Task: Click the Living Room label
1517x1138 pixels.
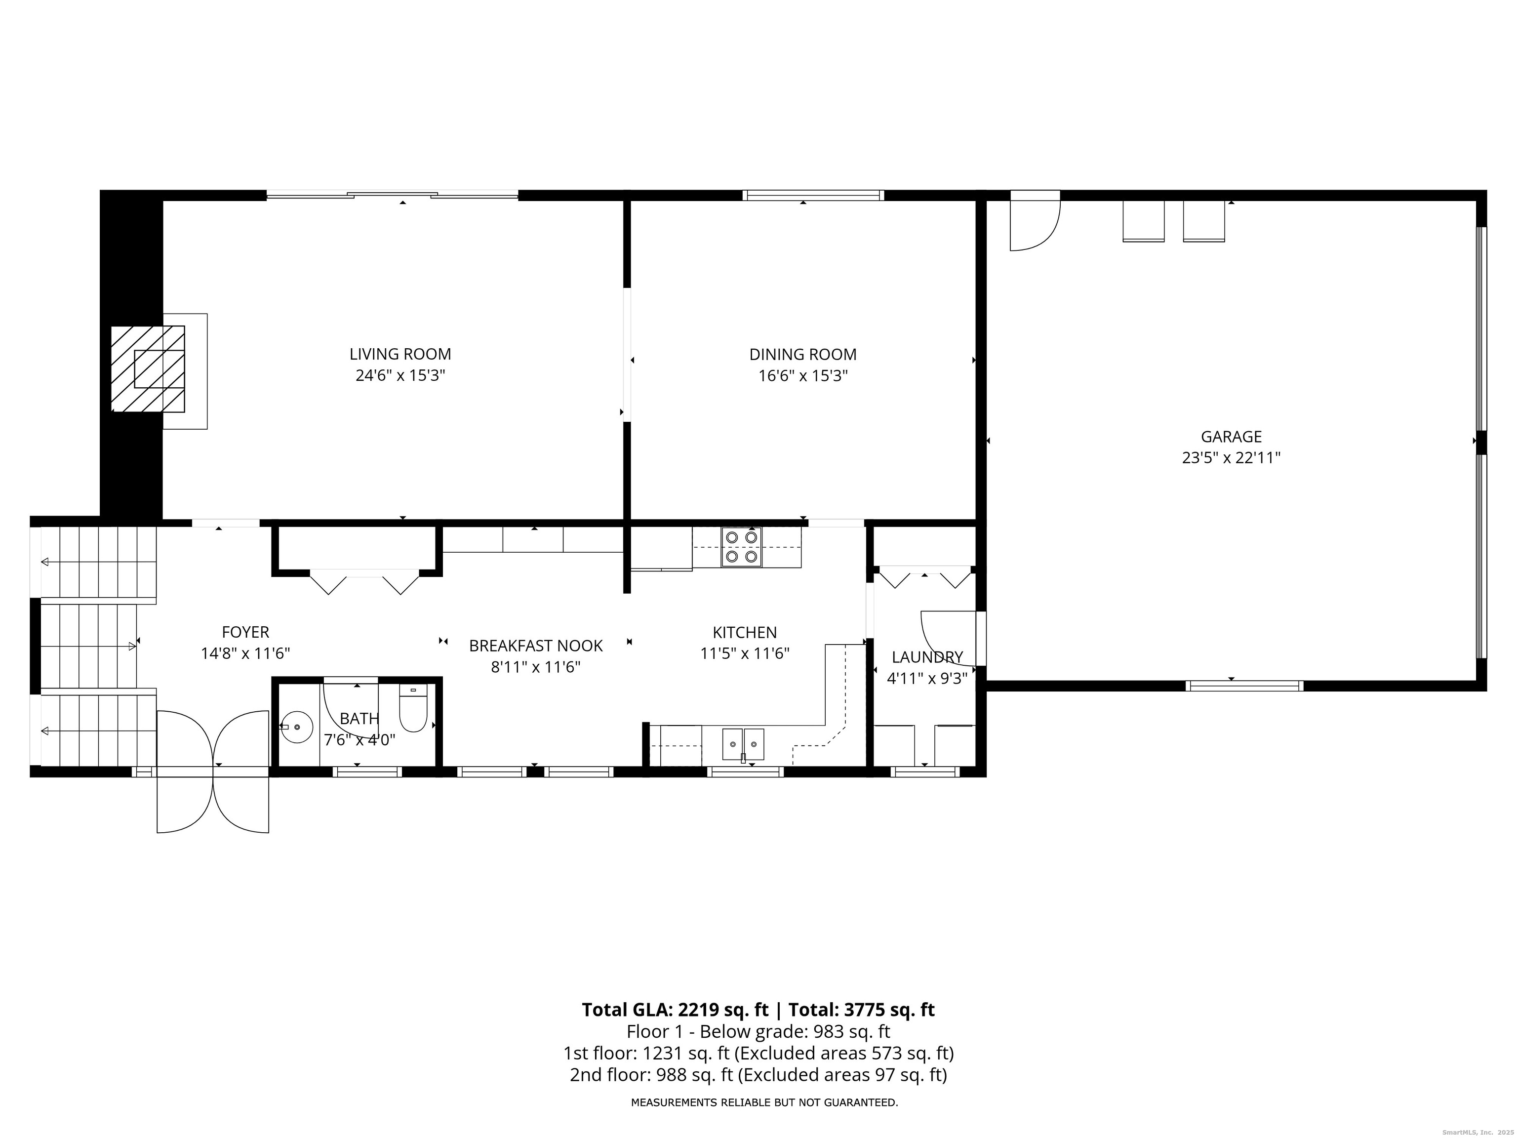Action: click(x=400, y=354)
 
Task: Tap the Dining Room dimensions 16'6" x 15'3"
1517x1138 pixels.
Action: click(x=803, y=376)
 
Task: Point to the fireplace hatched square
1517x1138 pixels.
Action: click(x=148, y=369)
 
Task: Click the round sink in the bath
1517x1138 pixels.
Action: click(x=296, y=727)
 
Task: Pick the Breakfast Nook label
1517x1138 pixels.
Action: click(x=536, y=646)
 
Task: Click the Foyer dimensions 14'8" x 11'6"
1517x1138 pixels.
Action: click(x=245, y=653)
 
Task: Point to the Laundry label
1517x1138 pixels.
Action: click(x=927, y=657)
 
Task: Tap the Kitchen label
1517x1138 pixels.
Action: click(x=745, y=632)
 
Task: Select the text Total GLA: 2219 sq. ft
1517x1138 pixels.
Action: click(x=676, y=1010)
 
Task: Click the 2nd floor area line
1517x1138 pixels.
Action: click(x=758, y=1074)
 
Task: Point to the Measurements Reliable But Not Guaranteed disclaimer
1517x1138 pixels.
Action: click(x=764, y=1102)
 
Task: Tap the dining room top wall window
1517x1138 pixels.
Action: click(x=813, y=196)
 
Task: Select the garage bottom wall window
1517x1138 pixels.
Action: click(x=1244, y=685)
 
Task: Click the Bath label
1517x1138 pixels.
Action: click(x=359, y=718)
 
